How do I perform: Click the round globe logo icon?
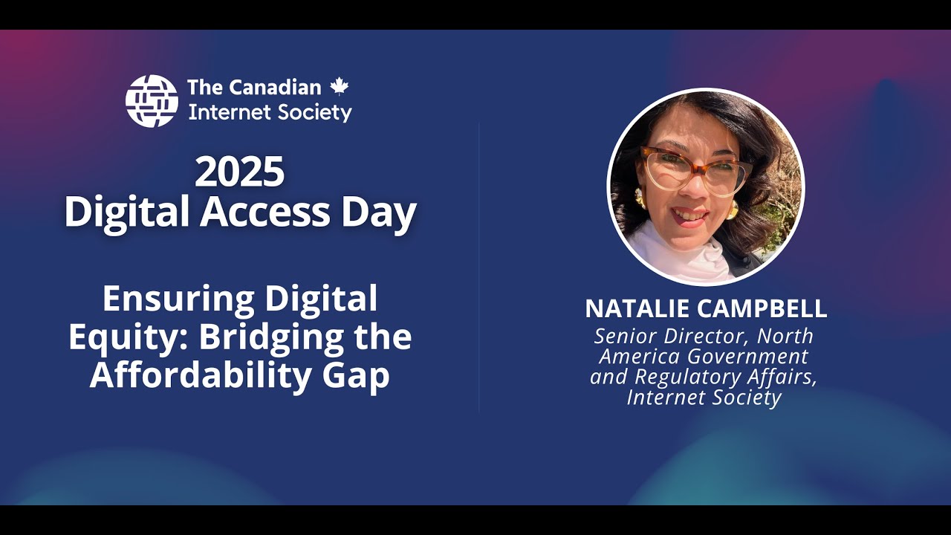tap(152, 101)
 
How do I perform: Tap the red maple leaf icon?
tap(340, 86)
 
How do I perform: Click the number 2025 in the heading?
tap(239, 172)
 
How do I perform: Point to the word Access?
tap(264, 213)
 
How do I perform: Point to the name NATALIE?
tap(636, 308)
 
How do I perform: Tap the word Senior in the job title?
tap(626, 336)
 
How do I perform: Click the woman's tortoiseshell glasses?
tap(695, 169)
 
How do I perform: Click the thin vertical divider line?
tap(478, 267)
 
